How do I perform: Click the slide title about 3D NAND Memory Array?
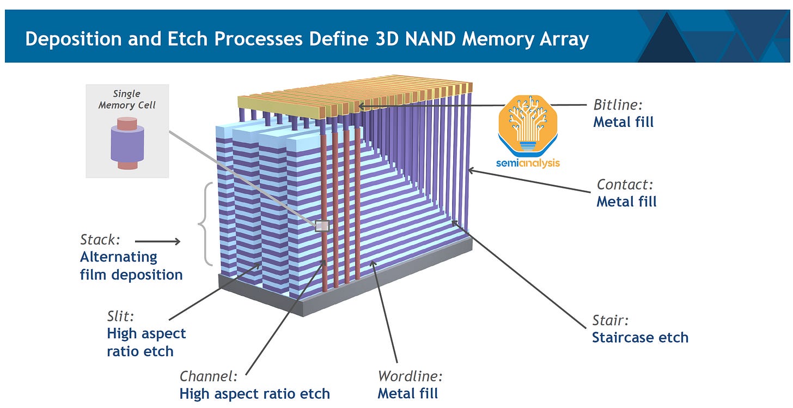click(307, 39)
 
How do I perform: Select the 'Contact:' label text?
click(625, 185)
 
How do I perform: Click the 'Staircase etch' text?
click(640, 338)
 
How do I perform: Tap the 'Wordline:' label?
click(410, 376)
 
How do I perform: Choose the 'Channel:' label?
click(209, 376)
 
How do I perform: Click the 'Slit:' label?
click(120, 316)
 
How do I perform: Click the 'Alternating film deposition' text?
click(131, 266)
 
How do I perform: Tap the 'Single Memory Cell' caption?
click(127, 100)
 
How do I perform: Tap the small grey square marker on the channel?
click(322, 226)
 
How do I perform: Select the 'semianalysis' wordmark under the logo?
click(528, 163)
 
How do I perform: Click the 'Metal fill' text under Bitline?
click(623, 121)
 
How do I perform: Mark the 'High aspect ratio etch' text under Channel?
click(254, 393)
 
